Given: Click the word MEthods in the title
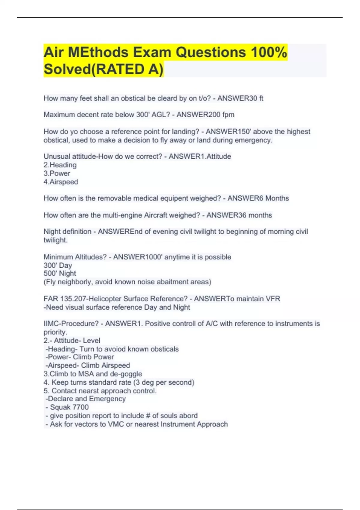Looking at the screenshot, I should tap(98, 52).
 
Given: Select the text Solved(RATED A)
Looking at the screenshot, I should tap(103, 69).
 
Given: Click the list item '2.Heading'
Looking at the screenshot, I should tap(60, 165).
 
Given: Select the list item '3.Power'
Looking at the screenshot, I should tap(57, 173).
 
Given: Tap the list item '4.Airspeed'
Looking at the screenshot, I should tap(61, 182).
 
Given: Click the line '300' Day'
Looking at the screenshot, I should tap(58, 265).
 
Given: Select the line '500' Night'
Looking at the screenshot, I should tap(60, 273).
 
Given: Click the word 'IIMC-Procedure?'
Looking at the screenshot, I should tap(71, 324).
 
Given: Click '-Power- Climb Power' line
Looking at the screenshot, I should tap(79, 357).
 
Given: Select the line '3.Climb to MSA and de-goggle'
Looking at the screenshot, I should tap(93, 374).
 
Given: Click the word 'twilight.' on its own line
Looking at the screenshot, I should tap(55, 240).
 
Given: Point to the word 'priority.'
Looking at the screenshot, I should tap(55, 332).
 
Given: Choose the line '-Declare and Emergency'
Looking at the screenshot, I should tap(85, 399).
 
